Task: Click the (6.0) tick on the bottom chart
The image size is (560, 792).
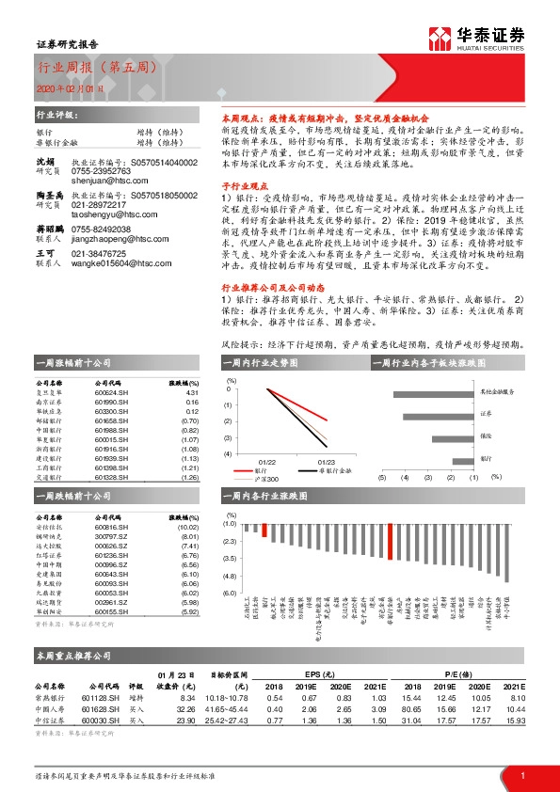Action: coord(228,594)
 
